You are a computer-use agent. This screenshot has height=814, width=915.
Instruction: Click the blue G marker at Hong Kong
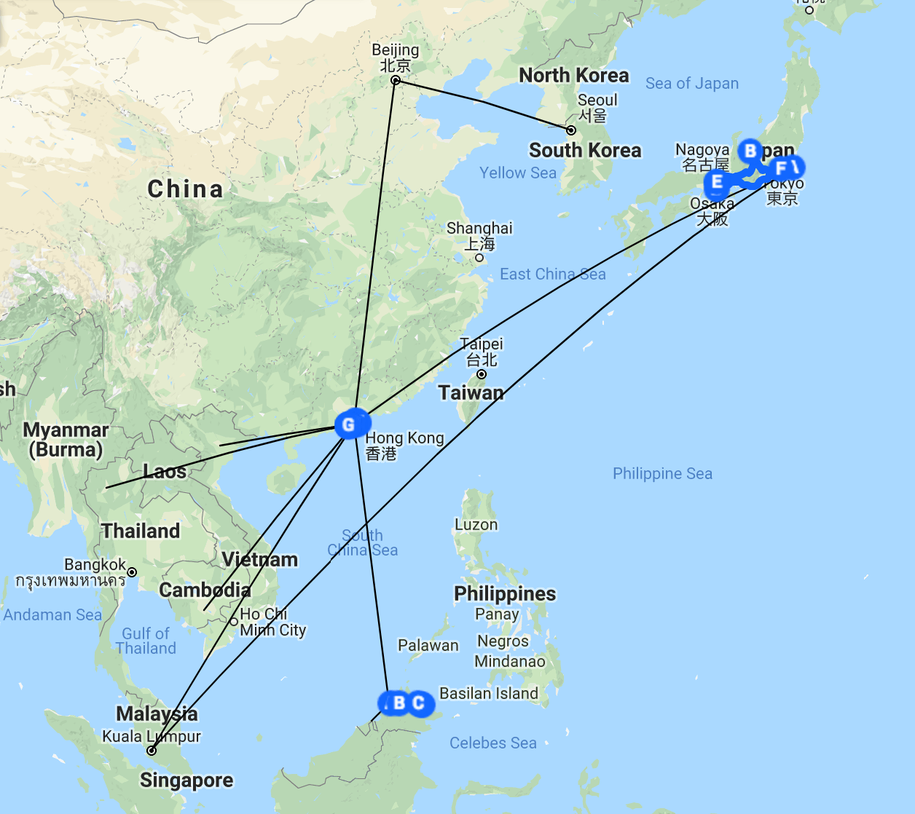349,424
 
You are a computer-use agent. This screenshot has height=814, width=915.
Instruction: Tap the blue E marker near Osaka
717,182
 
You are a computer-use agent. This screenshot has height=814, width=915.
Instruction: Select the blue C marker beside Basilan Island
419,703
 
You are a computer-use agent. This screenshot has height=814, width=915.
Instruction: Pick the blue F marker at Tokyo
781,169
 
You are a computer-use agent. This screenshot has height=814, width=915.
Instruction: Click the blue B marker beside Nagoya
750,151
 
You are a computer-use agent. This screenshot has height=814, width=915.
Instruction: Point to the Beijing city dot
396,80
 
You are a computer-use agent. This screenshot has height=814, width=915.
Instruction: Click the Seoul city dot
571,130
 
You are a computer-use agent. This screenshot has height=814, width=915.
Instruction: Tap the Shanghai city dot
479,257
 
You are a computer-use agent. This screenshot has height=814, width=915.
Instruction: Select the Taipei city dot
482,374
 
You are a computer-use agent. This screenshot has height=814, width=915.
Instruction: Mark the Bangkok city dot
132,572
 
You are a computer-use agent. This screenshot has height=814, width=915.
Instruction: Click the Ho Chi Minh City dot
234,622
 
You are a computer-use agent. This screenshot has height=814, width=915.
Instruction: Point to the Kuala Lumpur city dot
152,751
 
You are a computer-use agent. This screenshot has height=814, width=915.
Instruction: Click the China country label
185,189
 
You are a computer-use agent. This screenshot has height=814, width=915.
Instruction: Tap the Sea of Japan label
691,84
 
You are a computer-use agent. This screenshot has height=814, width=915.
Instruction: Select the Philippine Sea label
662,474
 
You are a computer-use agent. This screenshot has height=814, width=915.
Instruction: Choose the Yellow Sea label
517,173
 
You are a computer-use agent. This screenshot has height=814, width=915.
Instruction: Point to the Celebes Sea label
492,743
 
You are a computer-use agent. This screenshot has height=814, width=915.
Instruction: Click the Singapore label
186,781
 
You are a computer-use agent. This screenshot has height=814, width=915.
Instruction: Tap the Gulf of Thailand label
146,641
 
